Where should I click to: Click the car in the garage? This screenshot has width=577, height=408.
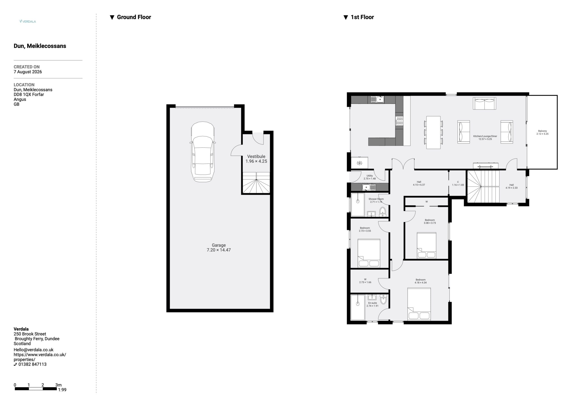coord(203,152)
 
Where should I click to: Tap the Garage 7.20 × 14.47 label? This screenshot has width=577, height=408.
coord(219,247)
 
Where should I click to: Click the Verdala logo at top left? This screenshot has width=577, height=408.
coord(28,21)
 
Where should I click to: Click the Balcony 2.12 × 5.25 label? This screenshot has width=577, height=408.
coord(542,132)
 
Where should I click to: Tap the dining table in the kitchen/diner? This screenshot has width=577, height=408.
coord(433,132)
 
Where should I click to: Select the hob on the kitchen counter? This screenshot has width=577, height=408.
coord(399,121)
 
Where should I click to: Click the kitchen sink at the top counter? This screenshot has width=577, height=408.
coord(377,100)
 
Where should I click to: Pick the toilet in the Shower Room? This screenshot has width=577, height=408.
coord(382,212)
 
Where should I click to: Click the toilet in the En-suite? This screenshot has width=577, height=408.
coord(383,299)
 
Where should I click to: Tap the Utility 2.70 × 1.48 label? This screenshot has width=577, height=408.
coord(369,177)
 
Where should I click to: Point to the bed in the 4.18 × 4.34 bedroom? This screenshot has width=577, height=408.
coord(419,304)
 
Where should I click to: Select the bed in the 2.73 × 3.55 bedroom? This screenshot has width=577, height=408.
coord(369,253)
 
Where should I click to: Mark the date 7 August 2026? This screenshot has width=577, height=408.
coord(28,72)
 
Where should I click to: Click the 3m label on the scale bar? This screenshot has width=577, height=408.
coord(58,385)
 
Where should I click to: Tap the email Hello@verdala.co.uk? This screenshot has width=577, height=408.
coord(33,350)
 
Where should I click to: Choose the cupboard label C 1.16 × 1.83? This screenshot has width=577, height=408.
coord(458,183)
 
